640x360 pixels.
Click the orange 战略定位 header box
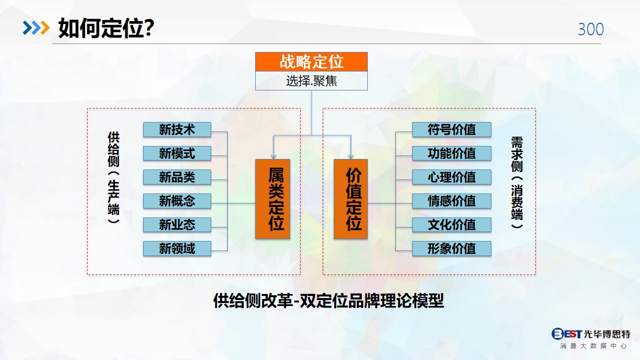tap(311, 61)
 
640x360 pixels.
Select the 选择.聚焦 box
tap(311, 81)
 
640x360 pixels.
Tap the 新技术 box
tap(177, 129)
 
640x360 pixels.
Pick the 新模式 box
tap(177, 153)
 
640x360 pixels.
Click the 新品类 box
tap(177, 177)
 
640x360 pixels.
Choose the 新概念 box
tap(177, 201)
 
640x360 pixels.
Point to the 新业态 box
tap(177, 225)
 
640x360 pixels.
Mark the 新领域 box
tap(177, 248)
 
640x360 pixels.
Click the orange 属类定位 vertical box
tap(273, 199)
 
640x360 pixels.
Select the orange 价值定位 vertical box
tap(351, 199)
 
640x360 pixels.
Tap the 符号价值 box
tap(452, 129)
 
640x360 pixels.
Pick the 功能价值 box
tap(452, 153)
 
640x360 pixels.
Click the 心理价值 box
tap(452, 177)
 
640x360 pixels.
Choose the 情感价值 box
tap(452, 201)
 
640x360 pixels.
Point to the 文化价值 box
tap(452, 225)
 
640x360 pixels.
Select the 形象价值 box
tap(452, 248)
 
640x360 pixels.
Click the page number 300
tap(591, 29)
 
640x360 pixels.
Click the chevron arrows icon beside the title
tap(37, 28)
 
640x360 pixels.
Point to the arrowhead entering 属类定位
tap(273, 156)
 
